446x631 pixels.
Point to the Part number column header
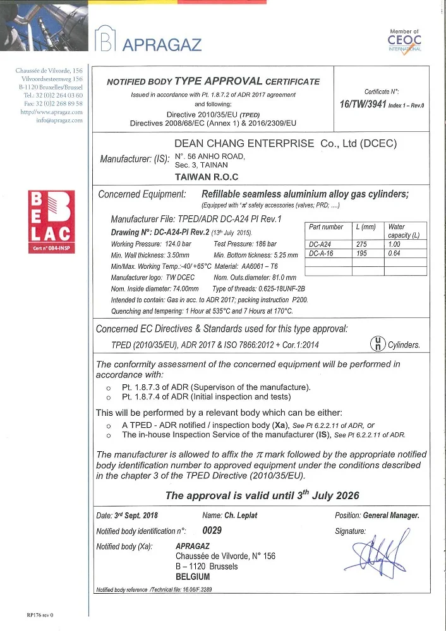coord(325,227)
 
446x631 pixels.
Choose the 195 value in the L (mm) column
coord(362,253)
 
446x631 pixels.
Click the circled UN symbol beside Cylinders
coord(377,343)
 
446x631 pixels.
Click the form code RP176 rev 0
coord(40,614)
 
